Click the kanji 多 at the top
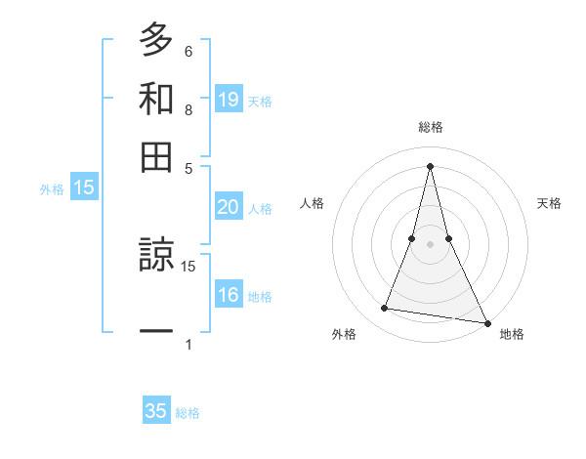pyautogui.click(x=156, y=40)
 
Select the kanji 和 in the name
pyautogui.click(x=156, y=99)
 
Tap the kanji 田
pyautogui.click(x=156, y=157)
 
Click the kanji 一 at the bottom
pyautogui.click(x=156, y=332)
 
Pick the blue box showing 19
pyautogui.click(x=228, y=99)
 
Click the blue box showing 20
pyautogui.click(x=228, y=207)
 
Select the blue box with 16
pyautogui.click(x=228, y=295)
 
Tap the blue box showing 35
pyautogui.click(x=156, y=411)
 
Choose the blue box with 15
pyautogui.click(x=84, y=188)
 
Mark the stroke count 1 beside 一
pyautogui.click(x=188, y=344)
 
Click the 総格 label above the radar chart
pyautogui.click(x=431, y=127)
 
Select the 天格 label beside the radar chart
pyautogui.click(x=550, y=203)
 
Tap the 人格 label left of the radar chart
pyautogui.click(x=312, y=203)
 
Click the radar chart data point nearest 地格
pyautogui.click(x=486, y=322)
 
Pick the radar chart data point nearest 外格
pyautogui.click(x=385, y=309)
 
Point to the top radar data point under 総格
pyautogui.click(x=431, y=165)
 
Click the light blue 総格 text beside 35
pyautogui.click(x=188, y=413)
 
